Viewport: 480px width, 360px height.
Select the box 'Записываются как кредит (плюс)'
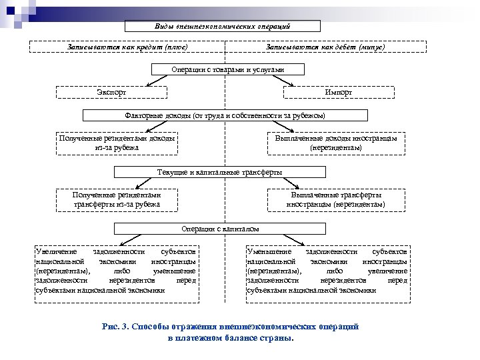[127, 47]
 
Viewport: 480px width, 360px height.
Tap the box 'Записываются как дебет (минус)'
[325, 47]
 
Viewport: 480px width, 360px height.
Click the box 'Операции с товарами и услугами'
[228, 69]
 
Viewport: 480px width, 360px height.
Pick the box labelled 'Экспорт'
[111, 92]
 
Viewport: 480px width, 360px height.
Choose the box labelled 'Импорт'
[338, 92]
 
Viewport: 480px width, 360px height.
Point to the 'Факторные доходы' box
[225, 115]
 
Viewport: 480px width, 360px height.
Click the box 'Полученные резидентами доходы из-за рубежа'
[117, 143]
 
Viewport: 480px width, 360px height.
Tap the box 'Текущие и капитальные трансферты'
[219, 172]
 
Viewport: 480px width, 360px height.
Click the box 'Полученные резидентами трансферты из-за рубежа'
[117, 199]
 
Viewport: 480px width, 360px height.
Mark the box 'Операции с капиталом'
[220, 229]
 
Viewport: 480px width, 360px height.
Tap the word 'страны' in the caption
[277, 337]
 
